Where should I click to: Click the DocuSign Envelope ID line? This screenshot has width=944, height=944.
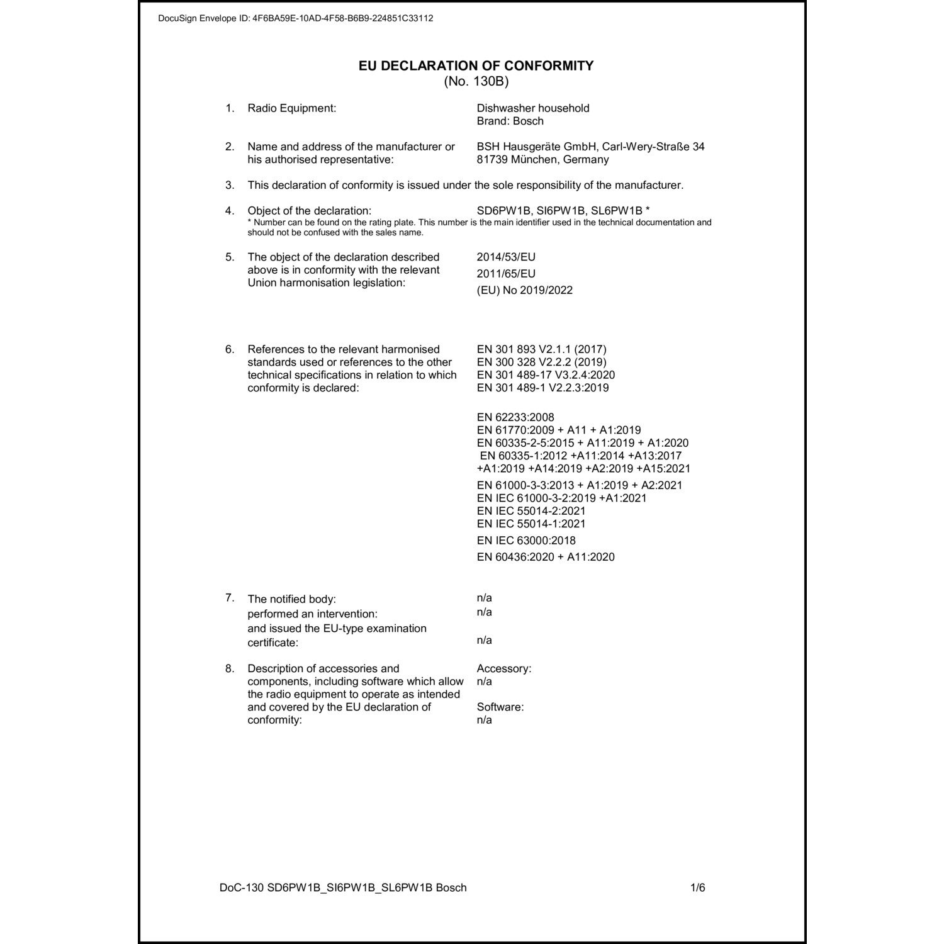(x=295, y=18)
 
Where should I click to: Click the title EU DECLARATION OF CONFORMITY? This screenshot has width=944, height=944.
(x=476, y=65)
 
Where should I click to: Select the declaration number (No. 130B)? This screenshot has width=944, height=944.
(x=476, y=81)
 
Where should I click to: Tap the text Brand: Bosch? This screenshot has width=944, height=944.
(x=510, y=121)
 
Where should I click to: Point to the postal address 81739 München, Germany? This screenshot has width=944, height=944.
(x=542, y=159)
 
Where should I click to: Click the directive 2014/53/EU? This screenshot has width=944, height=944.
(x=506, y=257)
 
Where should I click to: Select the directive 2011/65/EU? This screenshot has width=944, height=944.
(x=506, y=273)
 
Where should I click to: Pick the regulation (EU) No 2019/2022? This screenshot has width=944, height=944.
(x=524, y=290)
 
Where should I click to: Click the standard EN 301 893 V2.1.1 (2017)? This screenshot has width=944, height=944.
(x=541, y=349)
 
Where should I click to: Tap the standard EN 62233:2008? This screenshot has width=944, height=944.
(x=515, y=417)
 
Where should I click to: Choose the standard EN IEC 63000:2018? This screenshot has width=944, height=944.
(x=526, y=540)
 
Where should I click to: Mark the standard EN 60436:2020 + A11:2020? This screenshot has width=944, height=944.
(x=546, y=556)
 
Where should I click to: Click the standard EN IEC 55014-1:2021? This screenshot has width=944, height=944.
(x=531, y=524)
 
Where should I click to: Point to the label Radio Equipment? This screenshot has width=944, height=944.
(x=291, y=108)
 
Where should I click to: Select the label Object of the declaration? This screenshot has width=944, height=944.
(x=309, y=210)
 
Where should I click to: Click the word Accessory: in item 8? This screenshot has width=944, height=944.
(x=503, y=668)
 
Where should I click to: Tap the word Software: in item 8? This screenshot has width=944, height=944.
(x=500, y=707)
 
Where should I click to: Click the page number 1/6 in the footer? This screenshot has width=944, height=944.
(x=697, y=887)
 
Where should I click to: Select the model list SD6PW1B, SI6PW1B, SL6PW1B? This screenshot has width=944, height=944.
(x=559, y=210)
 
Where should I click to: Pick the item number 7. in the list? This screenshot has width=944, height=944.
(x=230, y=597)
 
